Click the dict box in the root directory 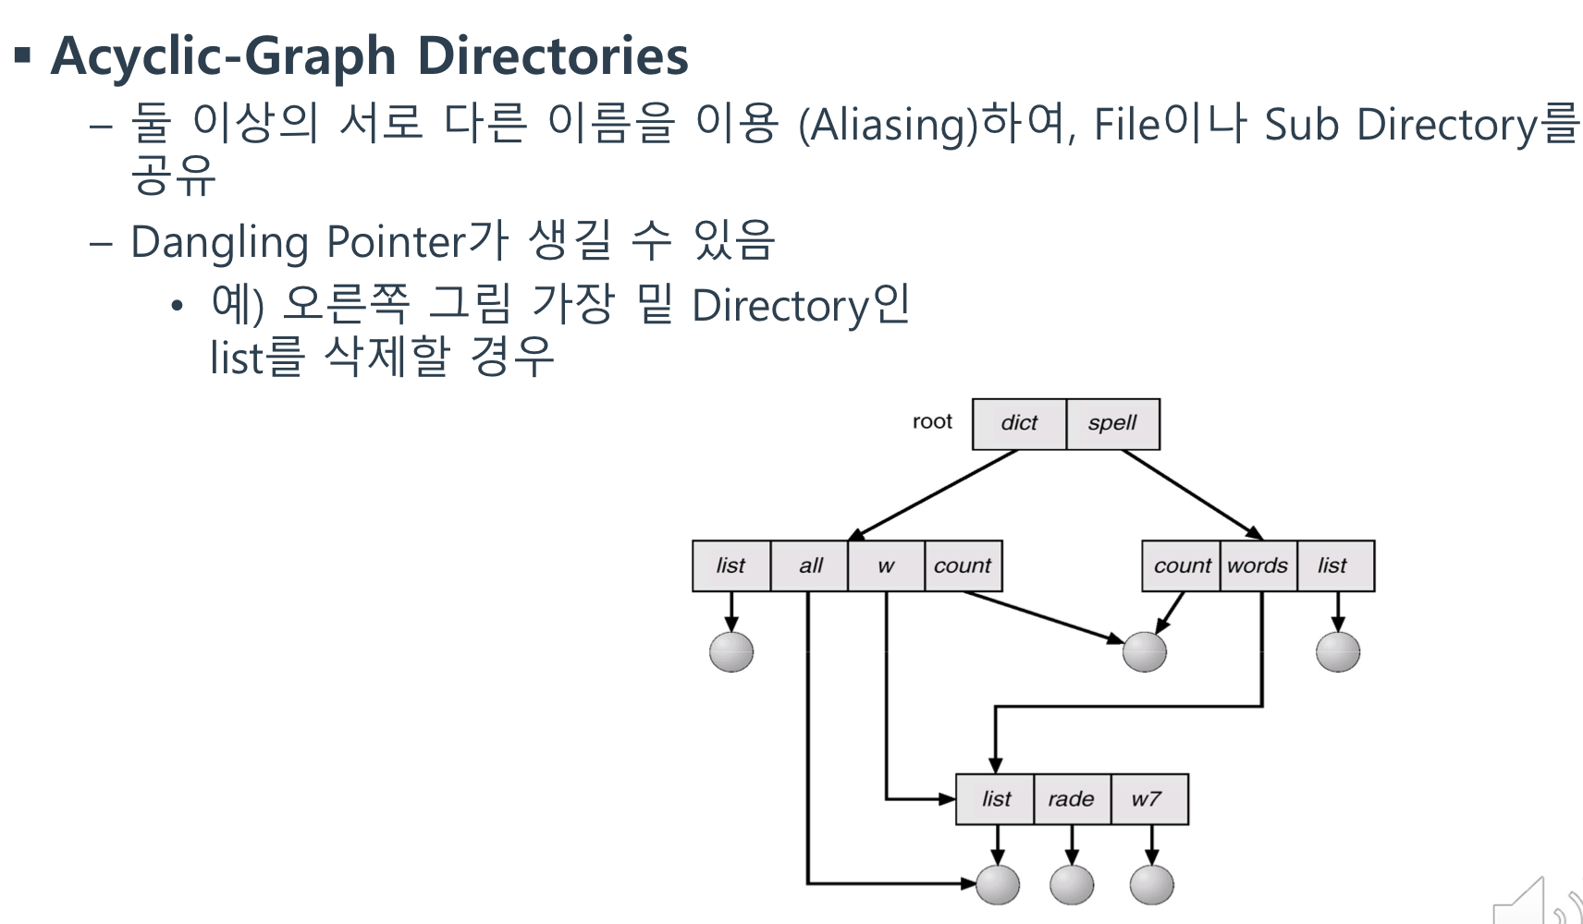click(1019, 424)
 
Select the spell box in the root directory click(1112, 424)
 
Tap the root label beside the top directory click(932, 422)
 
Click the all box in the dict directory click(809, 565)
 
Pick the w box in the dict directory click(886, 565)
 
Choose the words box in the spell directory click(1258, 565)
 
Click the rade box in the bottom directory click(1071, 799)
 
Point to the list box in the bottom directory click(996, 799)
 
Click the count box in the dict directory click(963, 565)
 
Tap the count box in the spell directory click(1182, 565)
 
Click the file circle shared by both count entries click(1145, 652)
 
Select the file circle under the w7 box click(1151, 884)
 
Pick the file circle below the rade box click(1072, 884)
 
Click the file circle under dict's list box click(731, 651)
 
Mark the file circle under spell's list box click(1338, 652)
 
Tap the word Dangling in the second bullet click(219, 243)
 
